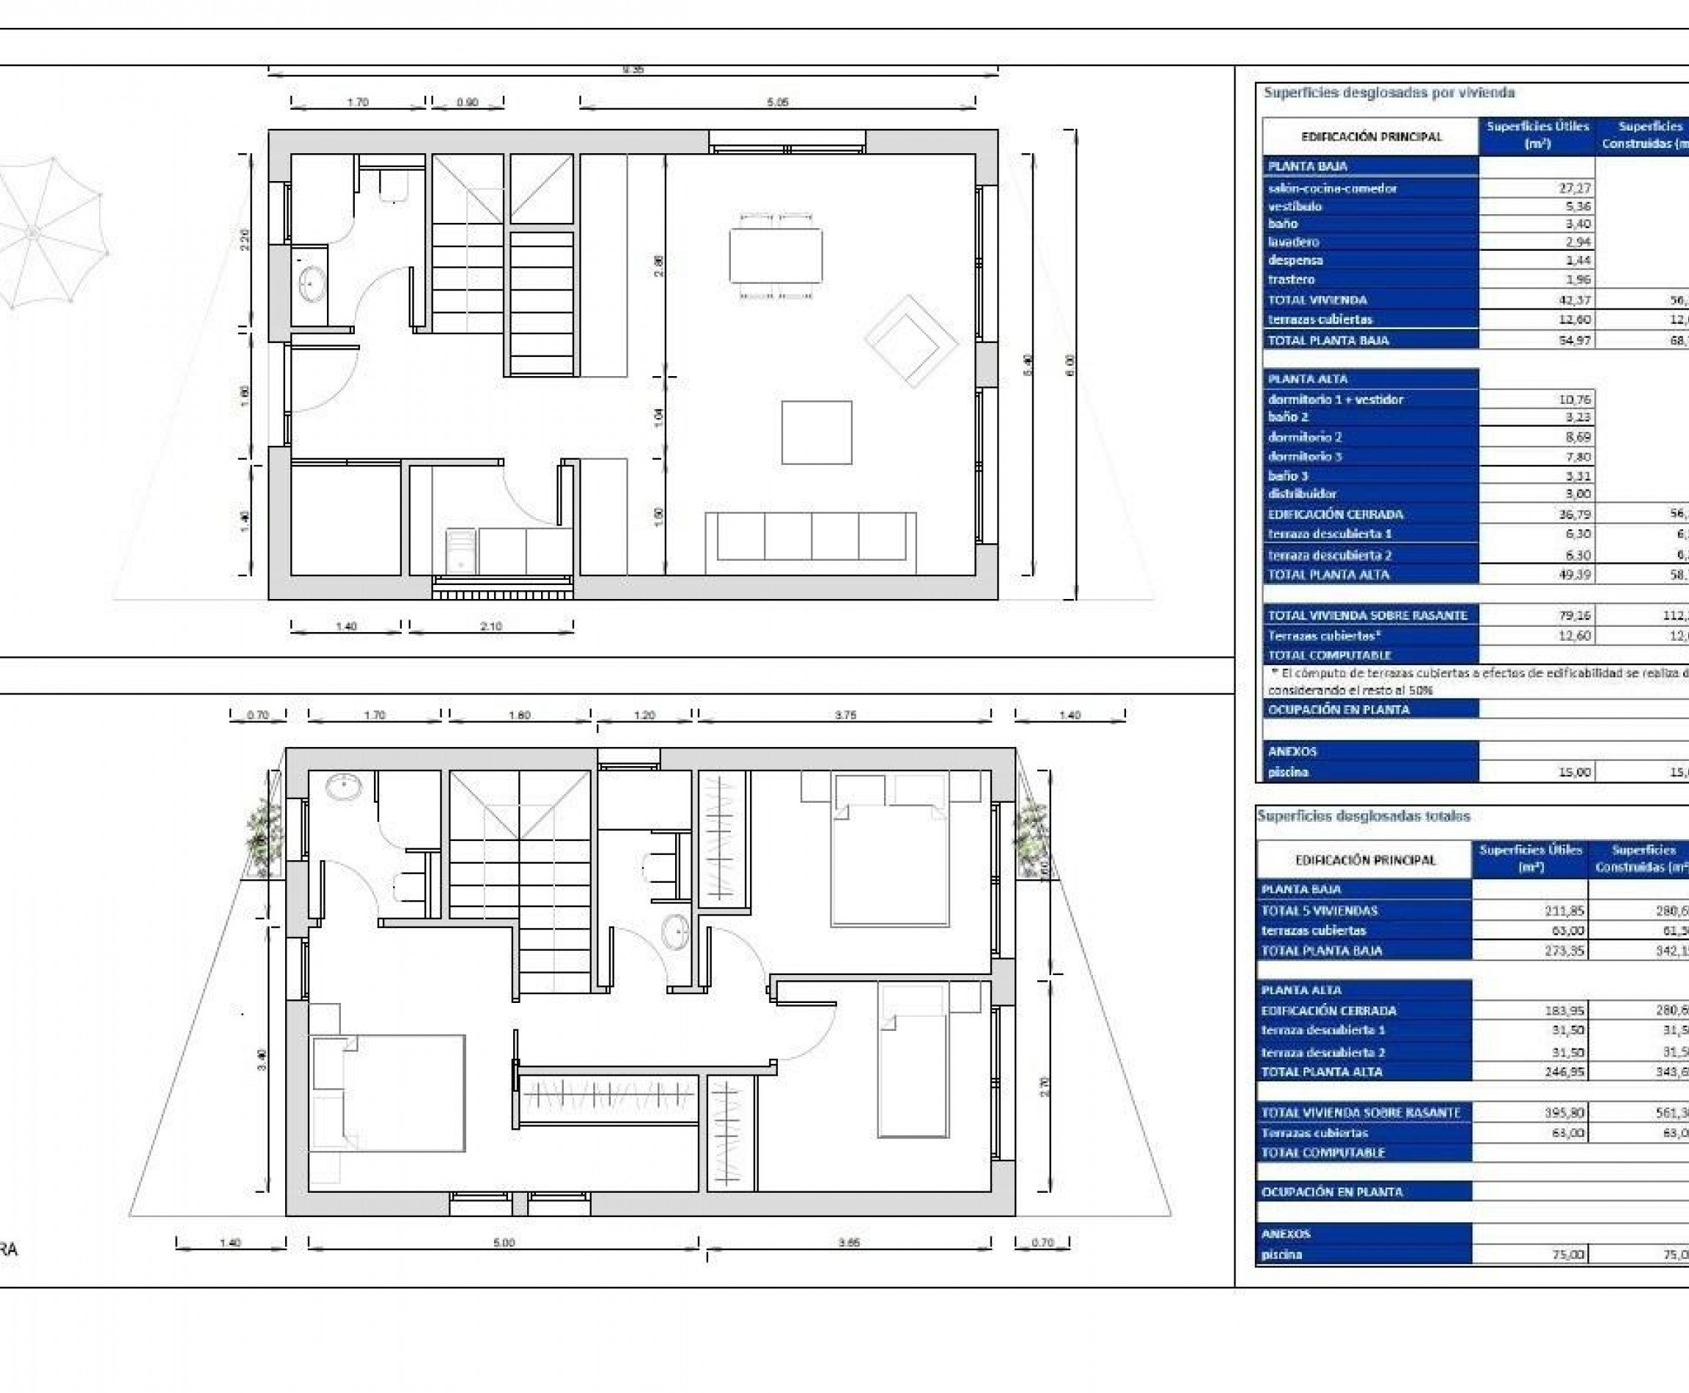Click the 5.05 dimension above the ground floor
tap(778, 102)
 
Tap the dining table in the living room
tap(775, 255)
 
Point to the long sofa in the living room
tap(810, 536)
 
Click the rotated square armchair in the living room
tap(910, 341)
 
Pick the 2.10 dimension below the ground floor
tap(491, 626)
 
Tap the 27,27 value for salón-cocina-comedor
tap(1572, 188)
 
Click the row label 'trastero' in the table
tap(1291, 279)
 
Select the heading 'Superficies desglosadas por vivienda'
tap(1389, 92)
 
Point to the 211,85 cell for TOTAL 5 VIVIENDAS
tap(1564, 910)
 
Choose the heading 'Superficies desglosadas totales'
tap(1364, 816)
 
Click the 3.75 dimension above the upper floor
tap(845, 715)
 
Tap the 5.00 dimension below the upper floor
tap(503, 1243)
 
